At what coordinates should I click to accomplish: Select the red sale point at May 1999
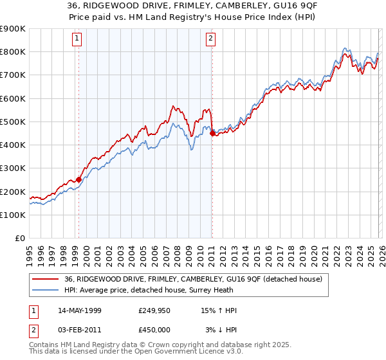[78, 180]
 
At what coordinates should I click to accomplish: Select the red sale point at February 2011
[212, 133]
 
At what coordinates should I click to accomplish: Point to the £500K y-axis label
[13, 122]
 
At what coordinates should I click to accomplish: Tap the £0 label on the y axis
[19, 239]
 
